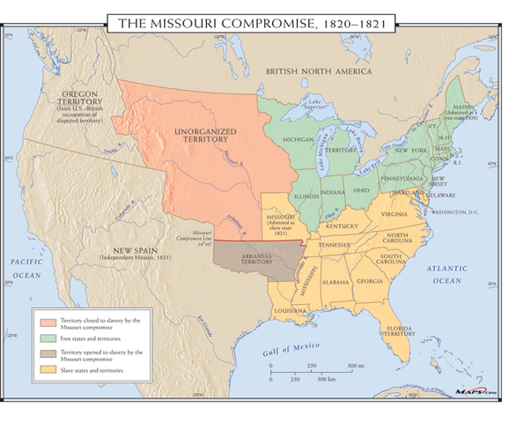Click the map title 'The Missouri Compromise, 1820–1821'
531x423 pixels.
point(265,22)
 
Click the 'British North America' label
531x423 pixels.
point(319,71)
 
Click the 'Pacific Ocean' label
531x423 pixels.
point(27,269)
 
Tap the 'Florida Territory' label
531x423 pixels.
point(399,332)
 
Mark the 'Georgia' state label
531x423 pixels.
point(370,281)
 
